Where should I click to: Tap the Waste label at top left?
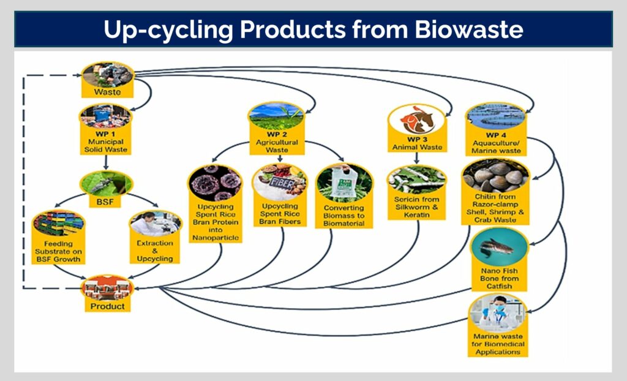[107, 92]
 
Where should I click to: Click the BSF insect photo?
[107, 181]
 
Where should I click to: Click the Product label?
[107, 305]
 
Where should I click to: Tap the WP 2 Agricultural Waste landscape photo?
[276, 115]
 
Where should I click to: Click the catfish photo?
[499, 247]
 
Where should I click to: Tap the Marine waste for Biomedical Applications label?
[499, 344]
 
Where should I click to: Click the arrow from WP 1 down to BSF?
[107, 162]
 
